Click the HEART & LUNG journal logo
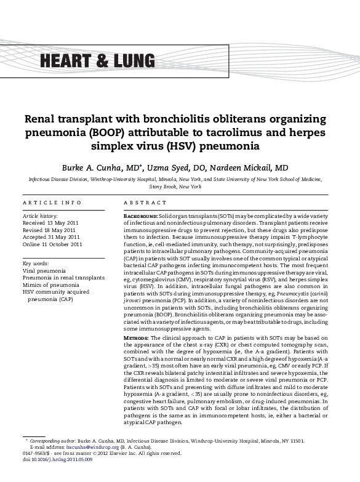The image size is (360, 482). [x=97, y=60]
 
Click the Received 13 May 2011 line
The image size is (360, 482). [x=51, y=223]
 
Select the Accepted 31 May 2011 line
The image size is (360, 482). [x=51, y=236]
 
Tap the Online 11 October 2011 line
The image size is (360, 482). [x=52, y=244]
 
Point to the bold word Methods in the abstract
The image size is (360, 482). [x=136, y=338]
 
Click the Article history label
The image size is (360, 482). [x=40, y=216]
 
